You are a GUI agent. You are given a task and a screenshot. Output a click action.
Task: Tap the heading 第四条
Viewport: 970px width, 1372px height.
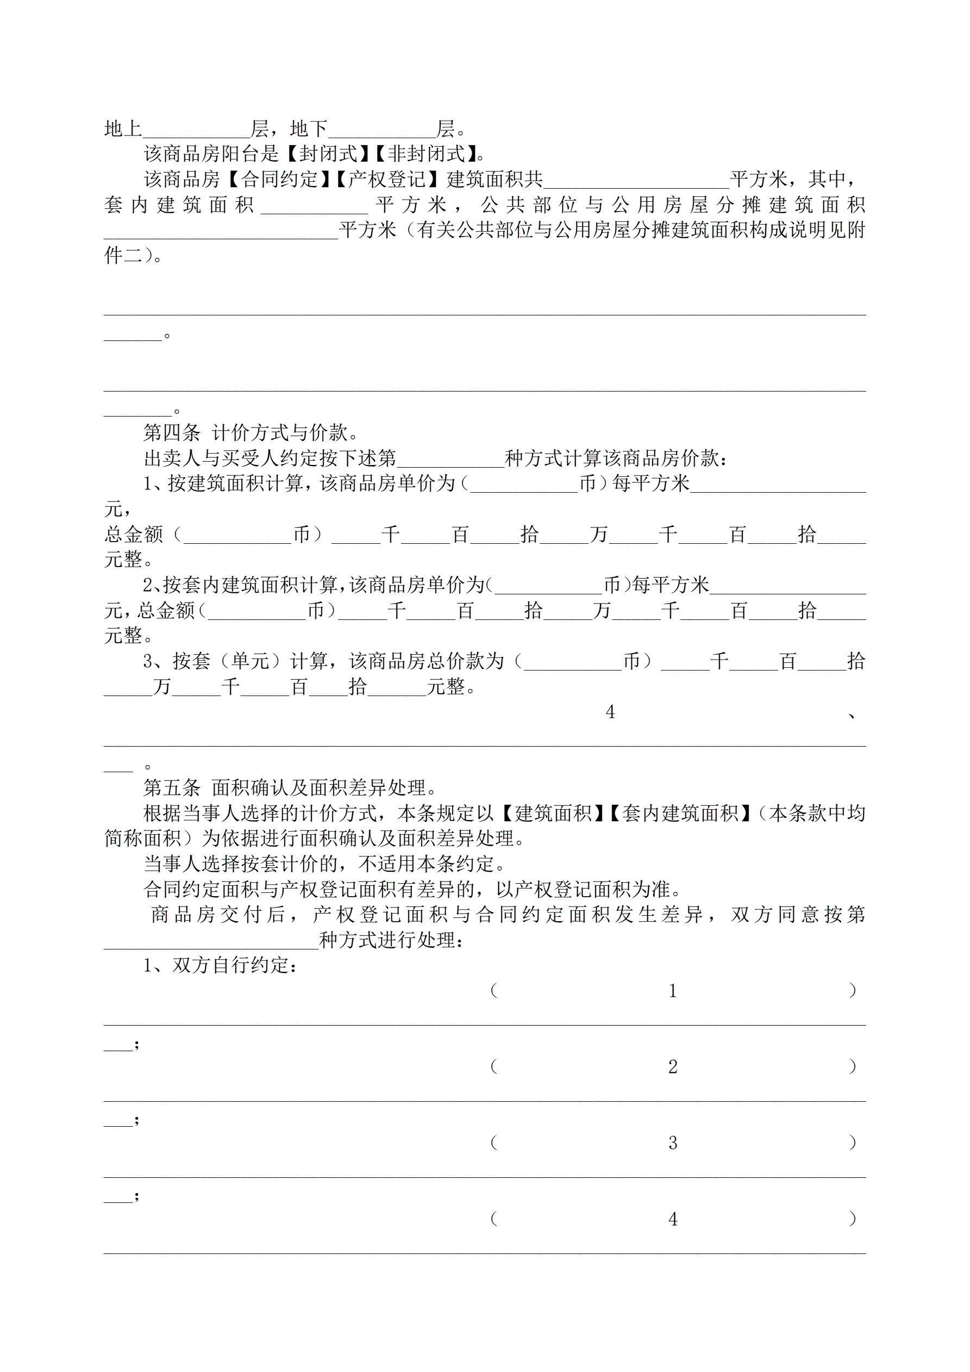tap(171, 433)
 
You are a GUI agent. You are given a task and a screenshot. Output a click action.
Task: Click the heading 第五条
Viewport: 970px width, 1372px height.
tap(171, 787)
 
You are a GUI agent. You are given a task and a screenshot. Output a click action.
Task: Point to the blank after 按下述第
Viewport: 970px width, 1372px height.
tap(450, 460)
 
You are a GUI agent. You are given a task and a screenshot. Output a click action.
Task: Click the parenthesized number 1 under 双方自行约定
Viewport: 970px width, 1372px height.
tap(673, 991)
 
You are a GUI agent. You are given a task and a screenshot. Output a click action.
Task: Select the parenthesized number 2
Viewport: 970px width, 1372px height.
tap(673, 1067)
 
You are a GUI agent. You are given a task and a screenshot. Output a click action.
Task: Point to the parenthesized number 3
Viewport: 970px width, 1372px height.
tap(673, 1144)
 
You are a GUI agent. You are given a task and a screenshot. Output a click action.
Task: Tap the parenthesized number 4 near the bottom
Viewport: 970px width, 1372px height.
tap(673, 1220)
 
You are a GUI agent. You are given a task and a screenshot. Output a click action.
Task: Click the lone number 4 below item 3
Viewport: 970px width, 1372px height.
tap(610, 712)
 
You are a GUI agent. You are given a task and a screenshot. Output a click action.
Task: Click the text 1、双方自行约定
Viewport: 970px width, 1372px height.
tap(220, 966)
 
